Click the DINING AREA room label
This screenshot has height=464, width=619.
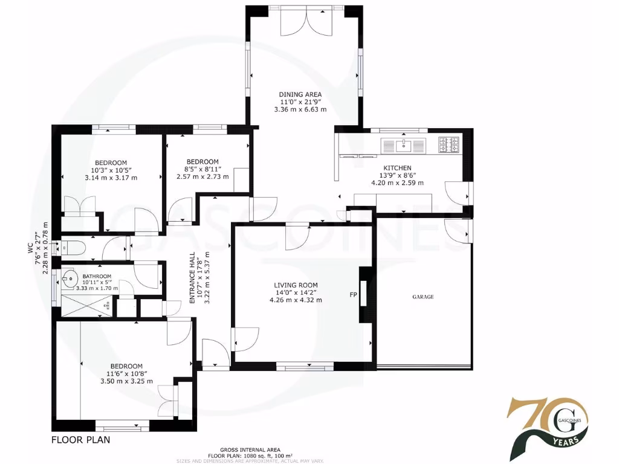coord(300,94)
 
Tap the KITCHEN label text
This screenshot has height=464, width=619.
coord(397,168)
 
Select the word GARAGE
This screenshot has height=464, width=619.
coord(423,297)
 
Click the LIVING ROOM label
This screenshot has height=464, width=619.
coord(296,285)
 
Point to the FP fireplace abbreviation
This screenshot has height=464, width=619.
coord(353,295)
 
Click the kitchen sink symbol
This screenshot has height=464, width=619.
coord(403,145)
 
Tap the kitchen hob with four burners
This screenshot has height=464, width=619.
coord(449,145)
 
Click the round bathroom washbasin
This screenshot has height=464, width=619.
coord(70,279)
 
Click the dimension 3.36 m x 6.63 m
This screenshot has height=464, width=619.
coord(300,110)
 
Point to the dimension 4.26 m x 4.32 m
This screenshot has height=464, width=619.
coord(296,300)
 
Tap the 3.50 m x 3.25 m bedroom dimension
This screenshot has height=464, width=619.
coord(126,381)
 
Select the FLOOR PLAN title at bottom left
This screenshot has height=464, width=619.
coord(80,440)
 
